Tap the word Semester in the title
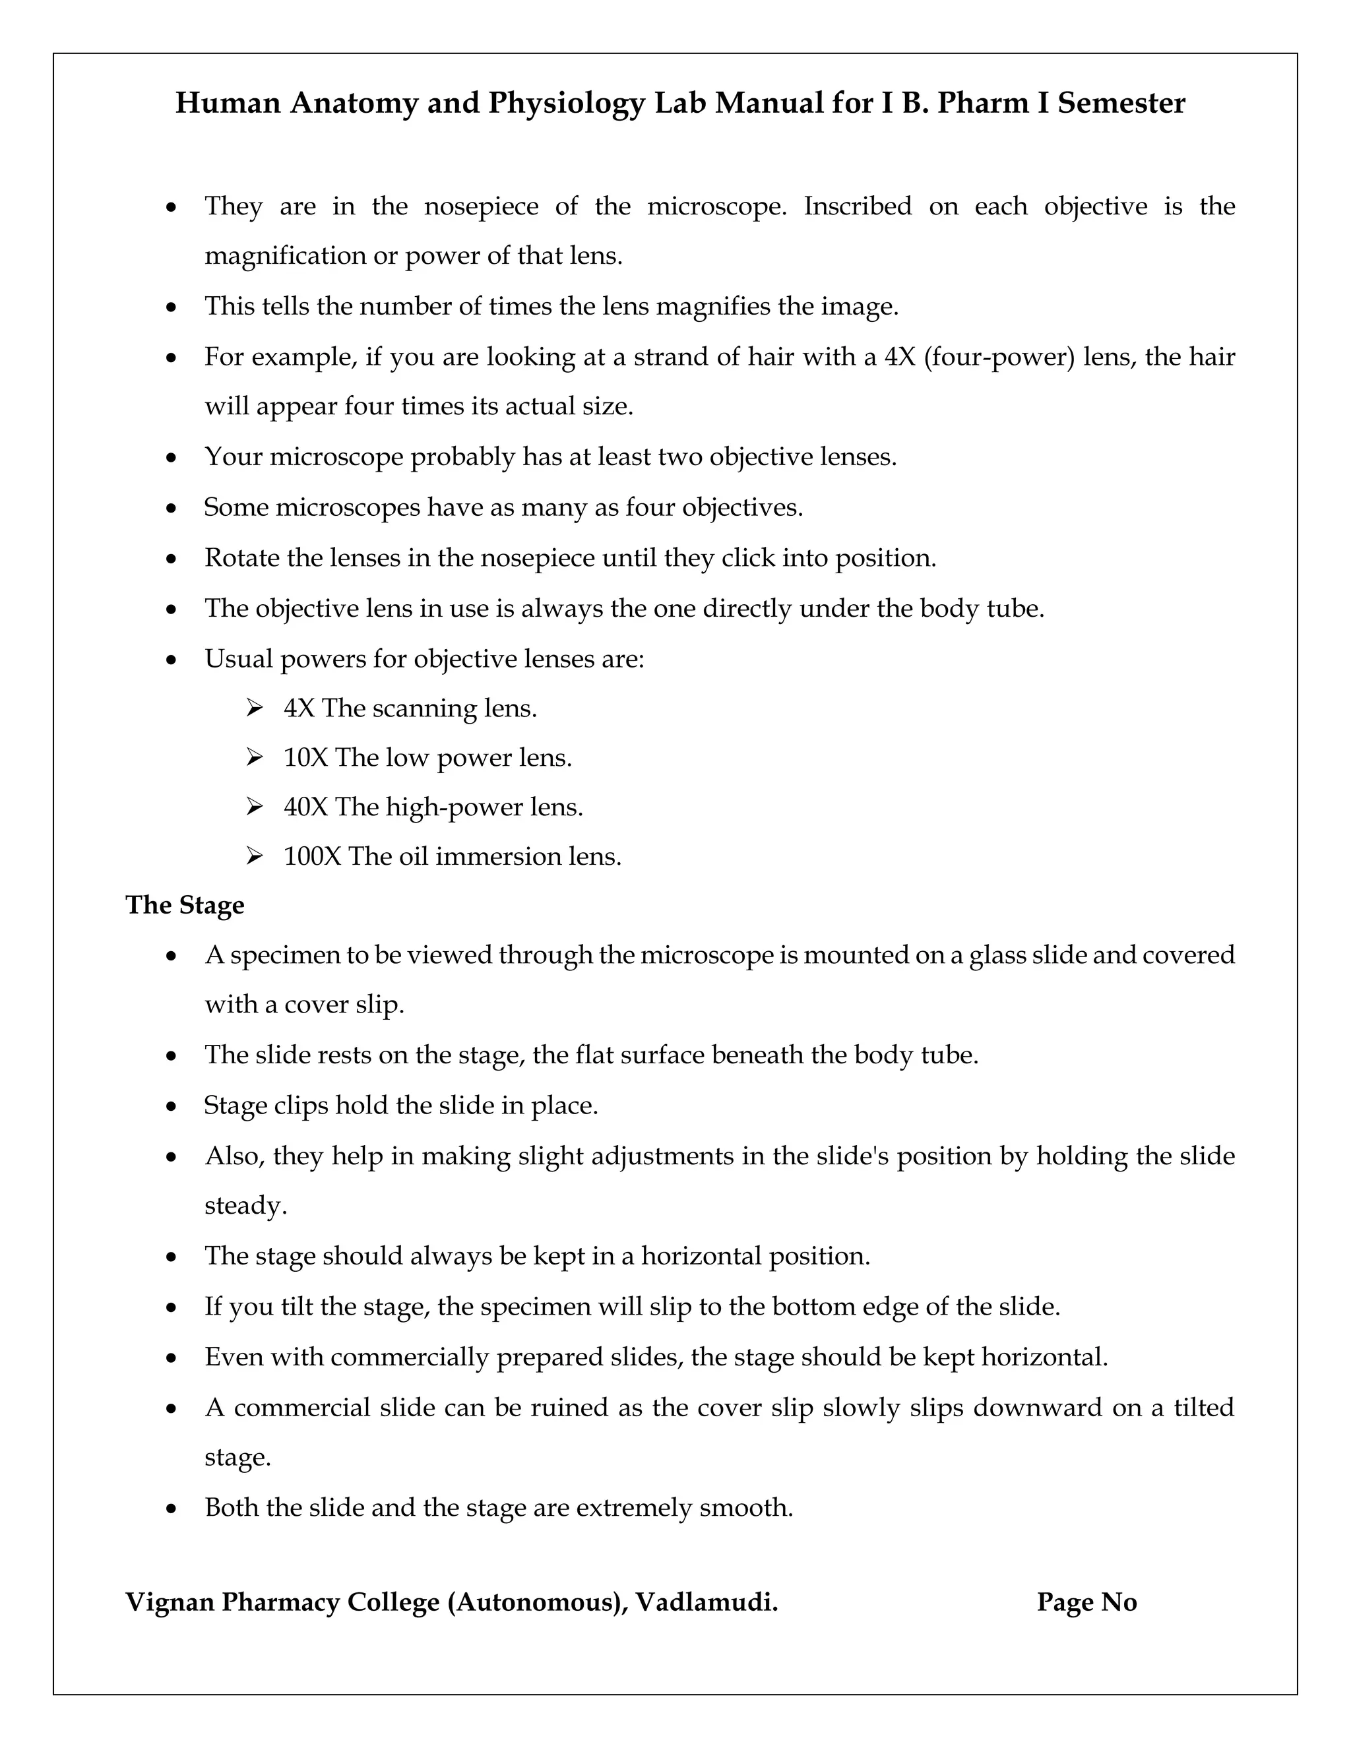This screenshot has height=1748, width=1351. tap(1121, 104)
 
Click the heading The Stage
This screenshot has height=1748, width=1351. tap(185, 905)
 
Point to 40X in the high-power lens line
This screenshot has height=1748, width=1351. tap(305, 807)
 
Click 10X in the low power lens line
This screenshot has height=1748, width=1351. tap(305, 757)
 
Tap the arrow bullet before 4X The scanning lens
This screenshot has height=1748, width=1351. tap(255, 708)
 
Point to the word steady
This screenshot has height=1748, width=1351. tap(245, 1206)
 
